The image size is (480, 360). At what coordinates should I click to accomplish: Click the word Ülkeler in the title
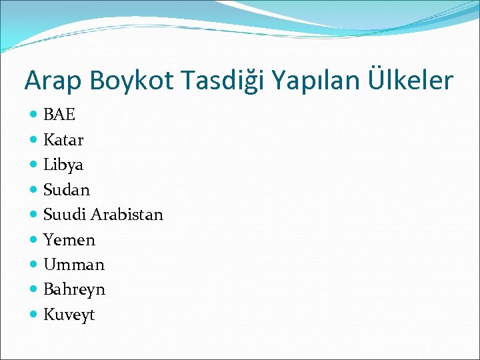click(x=410, y=81)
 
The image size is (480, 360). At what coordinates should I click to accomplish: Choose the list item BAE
click(x=59, y=115)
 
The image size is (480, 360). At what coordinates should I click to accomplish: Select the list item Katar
click(x=63, y=140)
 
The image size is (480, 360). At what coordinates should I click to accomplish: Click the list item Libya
click(x=63, y=165)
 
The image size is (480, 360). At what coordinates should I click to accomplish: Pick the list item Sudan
click(x=66, y=190)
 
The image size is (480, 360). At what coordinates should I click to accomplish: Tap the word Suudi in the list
click(x=65, y=215)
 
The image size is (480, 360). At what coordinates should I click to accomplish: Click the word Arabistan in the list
click(x=127, y=215)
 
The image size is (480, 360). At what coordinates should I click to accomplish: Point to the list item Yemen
click(x=69, y=240)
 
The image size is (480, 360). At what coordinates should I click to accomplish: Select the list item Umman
click(x=74, y=265)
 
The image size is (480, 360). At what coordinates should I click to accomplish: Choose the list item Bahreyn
click(x=74, y=290)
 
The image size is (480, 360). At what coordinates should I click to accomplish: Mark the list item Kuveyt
click(x=69, y=315)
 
